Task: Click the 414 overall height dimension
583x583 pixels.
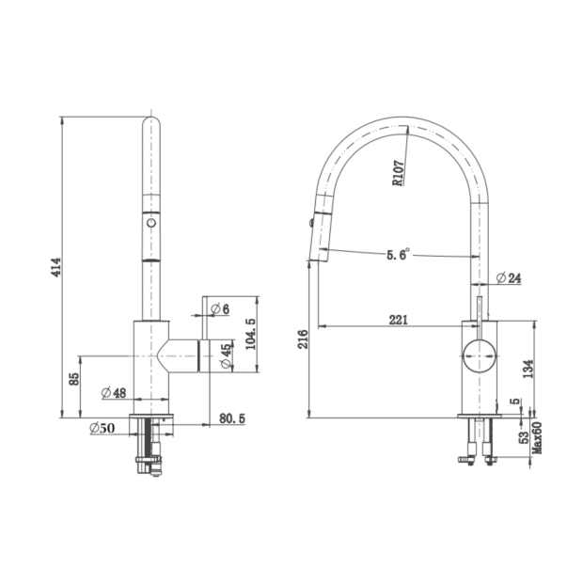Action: pos(56,267)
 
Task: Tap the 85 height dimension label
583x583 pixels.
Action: pos(74,379)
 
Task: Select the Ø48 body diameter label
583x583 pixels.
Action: pos(114,392)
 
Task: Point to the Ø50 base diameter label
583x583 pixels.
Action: pos(102,428)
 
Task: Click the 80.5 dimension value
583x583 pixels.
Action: pos(232,418)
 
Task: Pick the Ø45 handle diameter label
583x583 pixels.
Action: pos(226,355)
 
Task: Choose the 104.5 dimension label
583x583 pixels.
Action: pos(251,334)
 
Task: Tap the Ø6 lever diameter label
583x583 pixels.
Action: pos(220,308)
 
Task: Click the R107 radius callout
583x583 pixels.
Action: pos(398,173)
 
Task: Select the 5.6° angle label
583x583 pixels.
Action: pos(398,254)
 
